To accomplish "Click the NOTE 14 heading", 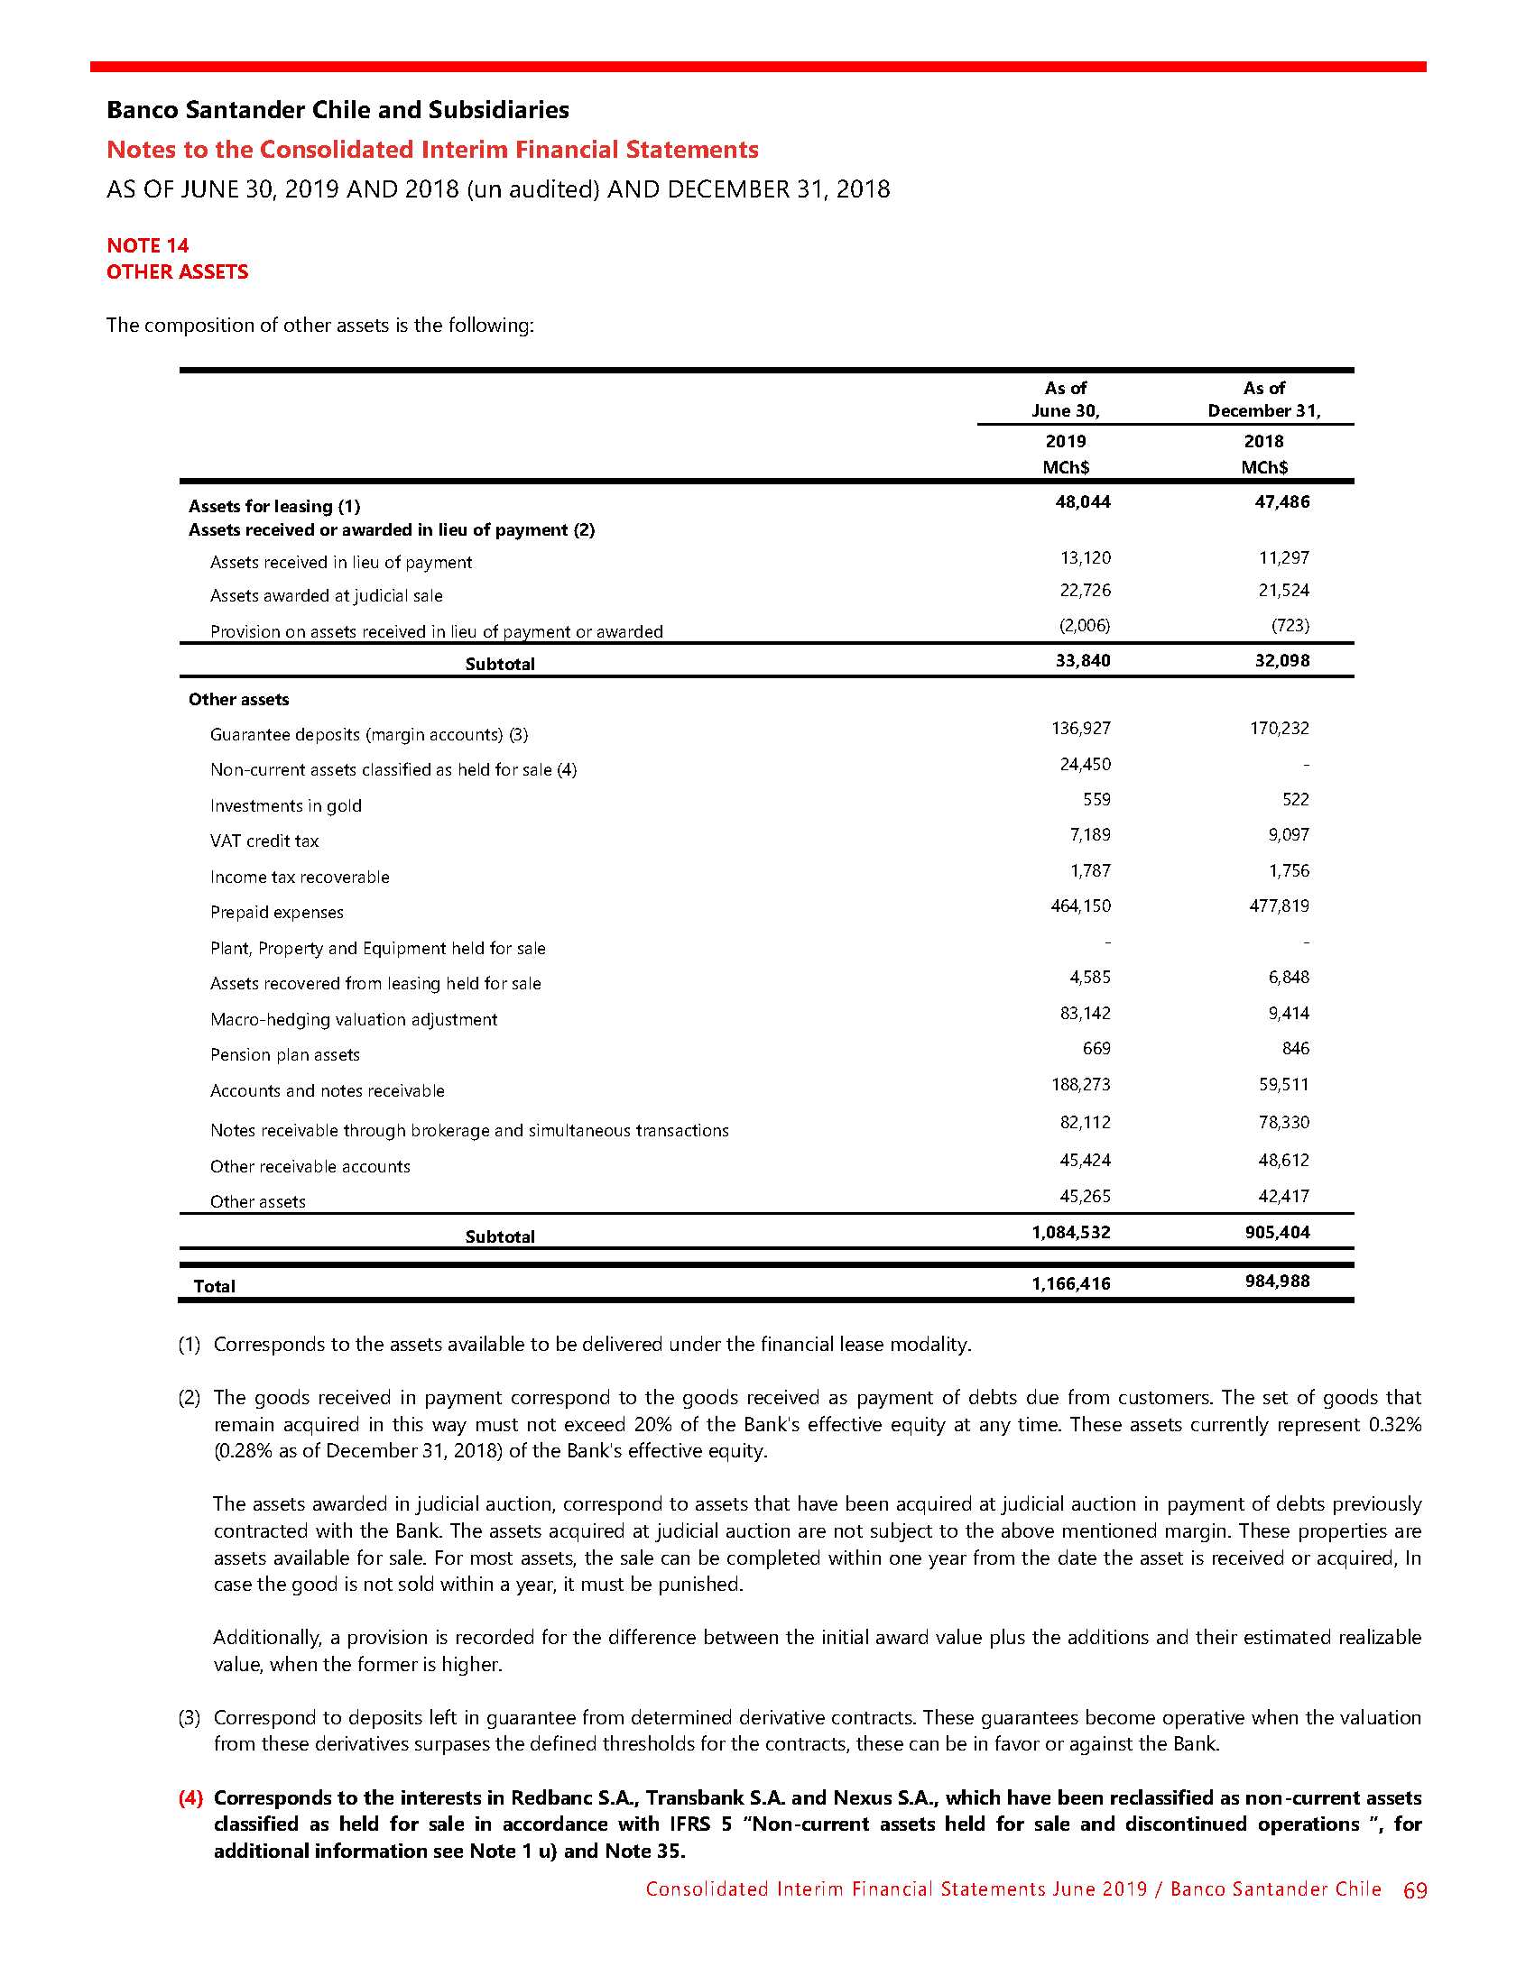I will pyautogui.click(x=147, y=245).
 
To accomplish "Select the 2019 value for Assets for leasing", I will pyautogui.click(x=1082, y=501).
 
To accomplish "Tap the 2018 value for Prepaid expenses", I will pyautogui.click(x=1279, y=905).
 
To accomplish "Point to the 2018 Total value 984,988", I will pyautogui.click(x=1277, y=1281).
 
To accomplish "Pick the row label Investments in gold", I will pyautogui.click(x=285, y=806).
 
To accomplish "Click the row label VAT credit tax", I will pyautogui.click(x=264, y=841).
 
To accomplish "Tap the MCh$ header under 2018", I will pyautogui.click(x=1264, y=467).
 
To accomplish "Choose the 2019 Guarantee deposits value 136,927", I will pyautogui.click(x=1080, y=728).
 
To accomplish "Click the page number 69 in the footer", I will pyautogui.click(x=1415, y=1890).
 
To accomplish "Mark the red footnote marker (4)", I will pyautogui.click(x=190, y=1797).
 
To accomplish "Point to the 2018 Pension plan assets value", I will pyautogui.click(x=1295, y=1048).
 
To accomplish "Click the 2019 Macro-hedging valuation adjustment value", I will pyautogui.click(x=1085, y=1013).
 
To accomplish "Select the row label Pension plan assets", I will pyautogui.click(x=284, y=1055).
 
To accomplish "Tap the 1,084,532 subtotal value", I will pyautogui.click(x=1070, y=1233).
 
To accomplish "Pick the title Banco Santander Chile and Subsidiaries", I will pyautogui.click(x=338, y=110).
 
